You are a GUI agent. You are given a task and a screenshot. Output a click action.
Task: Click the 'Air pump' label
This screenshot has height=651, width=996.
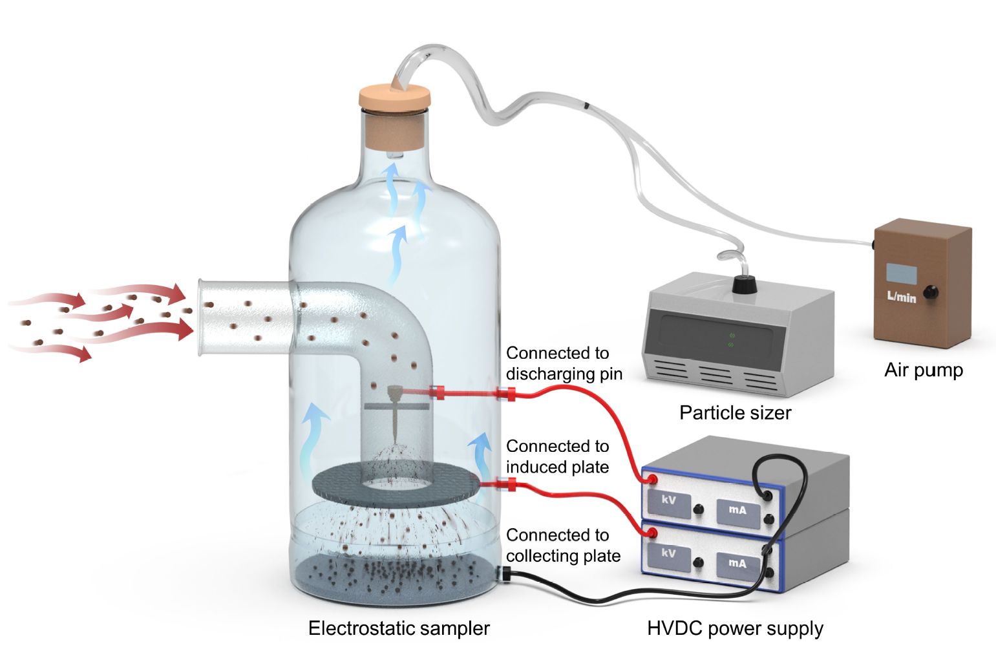tap(923, 370)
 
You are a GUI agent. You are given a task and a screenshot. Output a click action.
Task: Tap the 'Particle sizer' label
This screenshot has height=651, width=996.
tap(735, 412)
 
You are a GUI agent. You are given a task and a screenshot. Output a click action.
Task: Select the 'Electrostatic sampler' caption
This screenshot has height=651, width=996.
tap(399, 628)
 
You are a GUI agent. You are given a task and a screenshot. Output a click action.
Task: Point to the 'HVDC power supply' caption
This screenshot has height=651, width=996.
tap(735, 628)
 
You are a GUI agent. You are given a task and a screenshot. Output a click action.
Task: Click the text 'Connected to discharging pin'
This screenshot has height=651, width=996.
tap(563, 363)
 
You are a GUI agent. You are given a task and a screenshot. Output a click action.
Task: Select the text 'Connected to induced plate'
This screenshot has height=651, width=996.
tap(557, 456)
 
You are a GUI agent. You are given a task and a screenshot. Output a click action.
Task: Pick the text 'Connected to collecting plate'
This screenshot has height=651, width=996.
tap(563, 546)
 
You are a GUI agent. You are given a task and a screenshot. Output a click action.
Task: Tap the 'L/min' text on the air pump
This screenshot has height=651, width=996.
tap(902, 297)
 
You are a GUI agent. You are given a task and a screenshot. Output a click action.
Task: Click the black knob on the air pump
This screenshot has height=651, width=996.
tap(930, 292)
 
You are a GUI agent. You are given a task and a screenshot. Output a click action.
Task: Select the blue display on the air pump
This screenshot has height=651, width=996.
tap(901, 273)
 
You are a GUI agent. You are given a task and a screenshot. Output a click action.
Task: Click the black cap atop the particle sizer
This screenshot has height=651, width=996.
tap(743, 283)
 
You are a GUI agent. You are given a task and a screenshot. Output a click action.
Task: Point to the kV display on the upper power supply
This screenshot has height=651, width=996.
tap(669, 500)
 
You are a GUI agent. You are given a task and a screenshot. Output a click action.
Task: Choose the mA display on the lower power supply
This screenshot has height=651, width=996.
tap(737, 563)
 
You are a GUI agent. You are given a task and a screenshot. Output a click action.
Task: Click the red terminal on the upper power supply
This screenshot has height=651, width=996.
tap(652, 479)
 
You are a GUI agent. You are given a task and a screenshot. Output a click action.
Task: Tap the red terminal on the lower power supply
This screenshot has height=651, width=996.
tap(652, 533)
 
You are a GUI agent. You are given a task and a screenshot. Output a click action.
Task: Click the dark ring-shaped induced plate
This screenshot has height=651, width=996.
tap(336, 486)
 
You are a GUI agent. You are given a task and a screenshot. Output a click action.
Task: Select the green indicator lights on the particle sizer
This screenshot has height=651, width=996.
tap(732, 340)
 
